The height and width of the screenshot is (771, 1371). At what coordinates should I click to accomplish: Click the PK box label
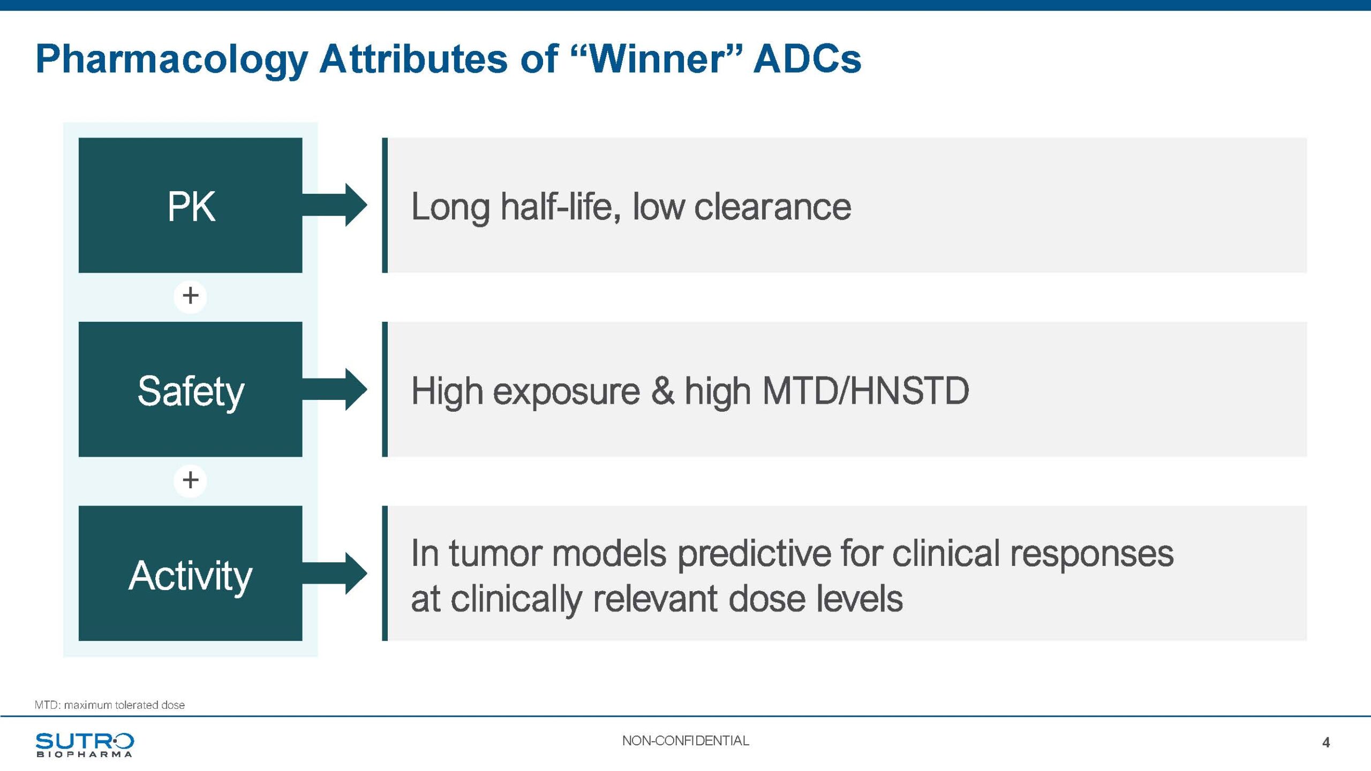point(191,206)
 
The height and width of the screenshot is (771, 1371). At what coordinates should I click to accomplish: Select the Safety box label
point(191,391)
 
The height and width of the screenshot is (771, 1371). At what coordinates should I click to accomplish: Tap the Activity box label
point(190,576)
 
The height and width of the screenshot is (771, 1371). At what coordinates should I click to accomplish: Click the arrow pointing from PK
point(335,205)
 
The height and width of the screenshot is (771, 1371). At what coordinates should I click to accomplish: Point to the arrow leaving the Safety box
point(335,389)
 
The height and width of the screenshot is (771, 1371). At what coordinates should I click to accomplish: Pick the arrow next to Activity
point(335,573)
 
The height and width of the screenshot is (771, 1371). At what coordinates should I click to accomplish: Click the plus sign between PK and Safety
point(190,296)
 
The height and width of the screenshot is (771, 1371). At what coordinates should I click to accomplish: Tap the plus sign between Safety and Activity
point(190,480)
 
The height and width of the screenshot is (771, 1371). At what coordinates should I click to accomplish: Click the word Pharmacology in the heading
point(171,60)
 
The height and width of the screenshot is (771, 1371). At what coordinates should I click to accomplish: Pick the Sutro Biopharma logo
point(85,745)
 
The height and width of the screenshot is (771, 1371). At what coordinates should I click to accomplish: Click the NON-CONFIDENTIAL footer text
point(685,740)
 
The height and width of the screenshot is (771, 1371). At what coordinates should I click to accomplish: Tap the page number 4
point(1326,743)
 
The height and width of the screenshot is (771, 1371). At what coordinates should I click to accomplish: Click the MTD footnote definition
point(110,705)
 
